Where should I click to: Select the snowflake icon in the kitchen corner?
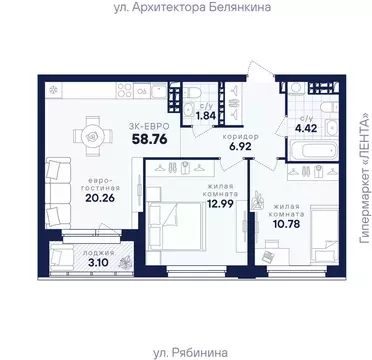(x=53, y=88)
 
